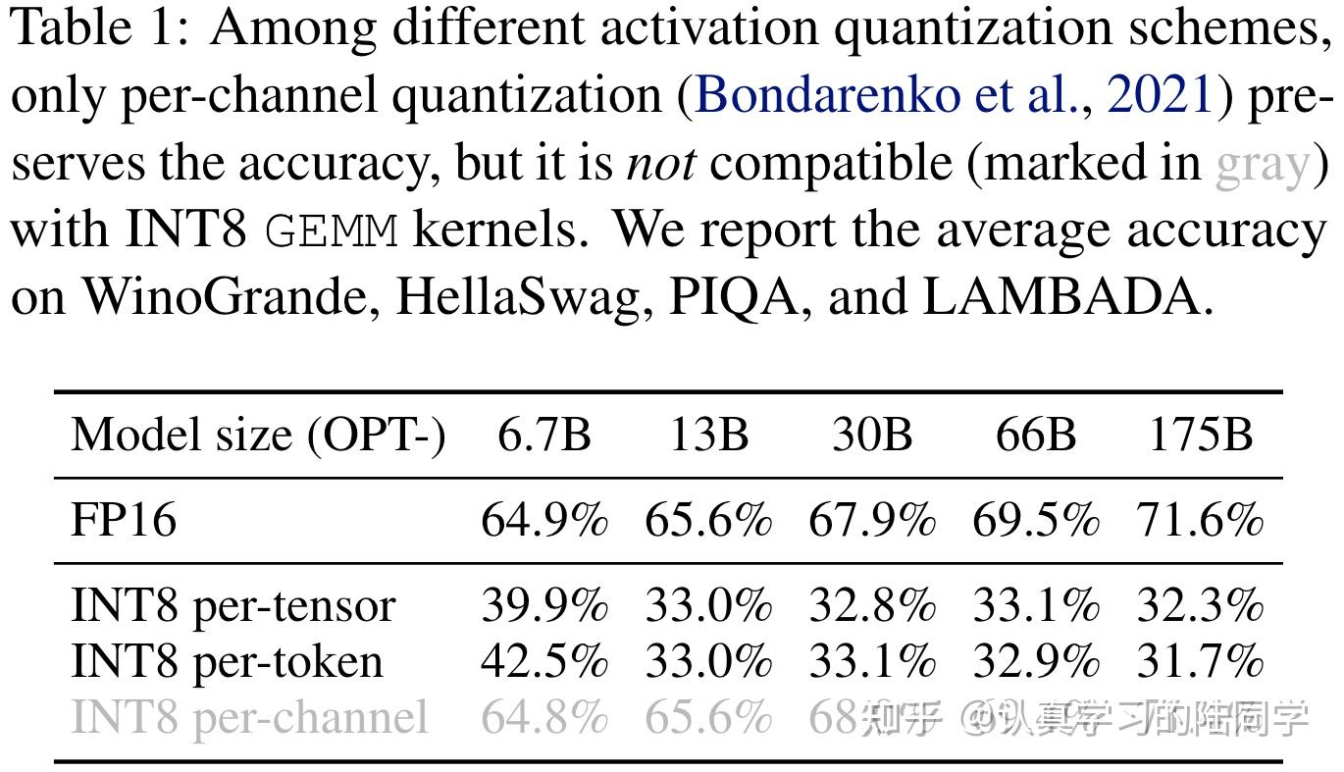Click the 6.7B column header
[x=544, y=435]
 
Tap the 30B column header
[x=872, y=435]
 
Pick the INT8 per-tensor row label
[x=233, y=606]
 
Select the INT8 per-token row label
[x=227, y=661]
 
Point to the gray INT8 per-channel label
[x=249, y=718]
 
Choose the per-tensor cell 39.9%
[x=544, y=606]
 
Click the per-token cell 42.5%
[x=544, y=661]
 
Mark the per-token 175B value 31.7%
[x=1199, y=661]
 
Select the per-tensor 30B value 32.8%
[x=872, y=606]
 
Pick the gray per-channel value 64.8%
[x=544, y=718]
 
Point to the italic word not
[x=660, y=164]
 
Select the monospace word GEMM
[x=332, y=232]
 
